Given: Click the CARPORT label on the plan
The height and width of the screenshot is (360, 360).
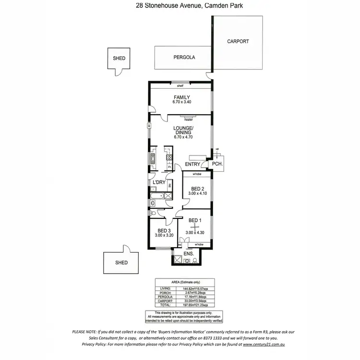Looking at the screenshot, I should point(238,41).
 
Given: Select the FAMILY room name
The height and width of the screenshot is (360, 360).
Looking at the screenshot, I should point(181,97).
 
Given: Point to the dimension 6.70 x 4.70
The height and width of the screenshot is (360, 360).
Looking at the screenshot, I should point(182,137).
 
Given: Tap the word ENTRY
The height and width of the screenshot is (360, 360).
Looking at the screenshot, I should point(192,165).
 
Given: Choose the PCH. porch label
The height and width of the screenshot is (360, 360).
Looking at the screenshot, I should point(217,164).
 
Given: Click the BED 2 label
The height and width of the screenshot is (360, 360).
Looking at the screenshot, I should point(198,189).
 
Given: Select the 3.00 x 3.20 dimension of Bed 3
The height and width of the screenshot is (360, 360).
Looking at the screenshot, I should point(164,236).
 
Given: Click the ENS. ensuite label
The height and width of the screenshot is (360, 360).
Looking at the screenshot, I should point(189,253).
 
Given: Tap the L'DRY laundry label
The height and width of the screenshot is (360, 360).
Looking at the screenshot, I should point(159,183).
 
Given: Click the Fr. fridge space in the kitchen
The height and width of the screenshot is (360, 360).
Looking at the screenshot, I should point(169,167).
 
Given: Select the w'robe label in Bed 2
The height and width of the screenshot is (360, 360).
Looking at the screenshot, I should point(196,174).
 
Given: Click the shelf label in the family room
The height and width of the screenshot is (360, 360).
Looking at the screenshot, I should point(180,86).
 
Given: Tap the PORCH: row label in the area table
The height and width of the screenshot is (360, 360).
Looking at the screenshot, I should point(165,292).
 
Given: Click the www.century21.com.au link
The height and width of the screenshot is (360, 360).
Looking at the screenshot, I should point(264,344).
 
